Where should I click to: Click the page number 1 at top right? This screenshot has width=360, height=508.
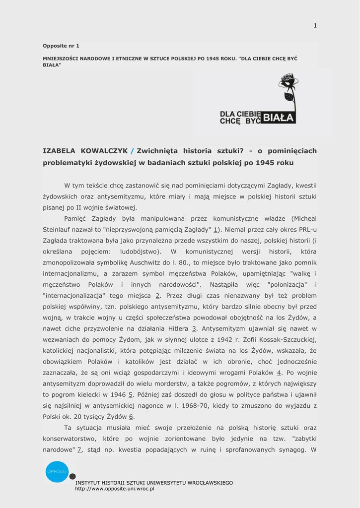point(315,26)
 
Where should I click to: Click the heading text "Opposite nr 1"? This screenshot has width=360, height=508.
point(61,46)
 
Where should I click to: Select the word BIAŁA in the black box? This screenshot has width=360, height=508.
point(279,118)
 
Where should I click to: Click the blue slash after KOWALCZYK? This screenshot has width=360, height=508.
point(132,151)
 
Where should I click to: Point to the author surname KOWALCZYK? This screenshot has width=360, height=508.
point(104,151)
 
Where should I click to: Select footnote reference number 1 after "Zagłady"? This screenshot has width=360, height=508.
point(216,230)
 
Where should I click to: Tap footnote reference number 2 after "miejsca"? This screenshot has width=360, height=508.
point(158,295)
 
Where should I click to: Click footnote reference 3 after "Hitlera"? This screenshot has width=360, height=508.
point(194,328)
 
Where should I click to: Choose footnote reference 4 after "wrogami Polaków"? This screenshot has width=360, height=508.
point(279,373)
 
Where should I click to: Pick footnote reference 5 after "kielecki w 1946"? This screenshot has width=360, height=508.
point(131,394)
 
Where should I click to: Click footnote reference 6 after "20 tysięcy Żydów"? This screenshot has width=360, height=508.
point(131,417)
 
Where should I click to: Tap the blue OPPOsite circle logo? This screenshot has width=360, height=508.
point(57,471)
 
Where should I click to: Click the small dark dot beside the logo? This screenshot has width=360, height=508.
point(72,476)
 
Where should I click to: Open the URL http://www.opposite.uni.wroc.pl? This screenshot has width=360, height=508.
point(115,489)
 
